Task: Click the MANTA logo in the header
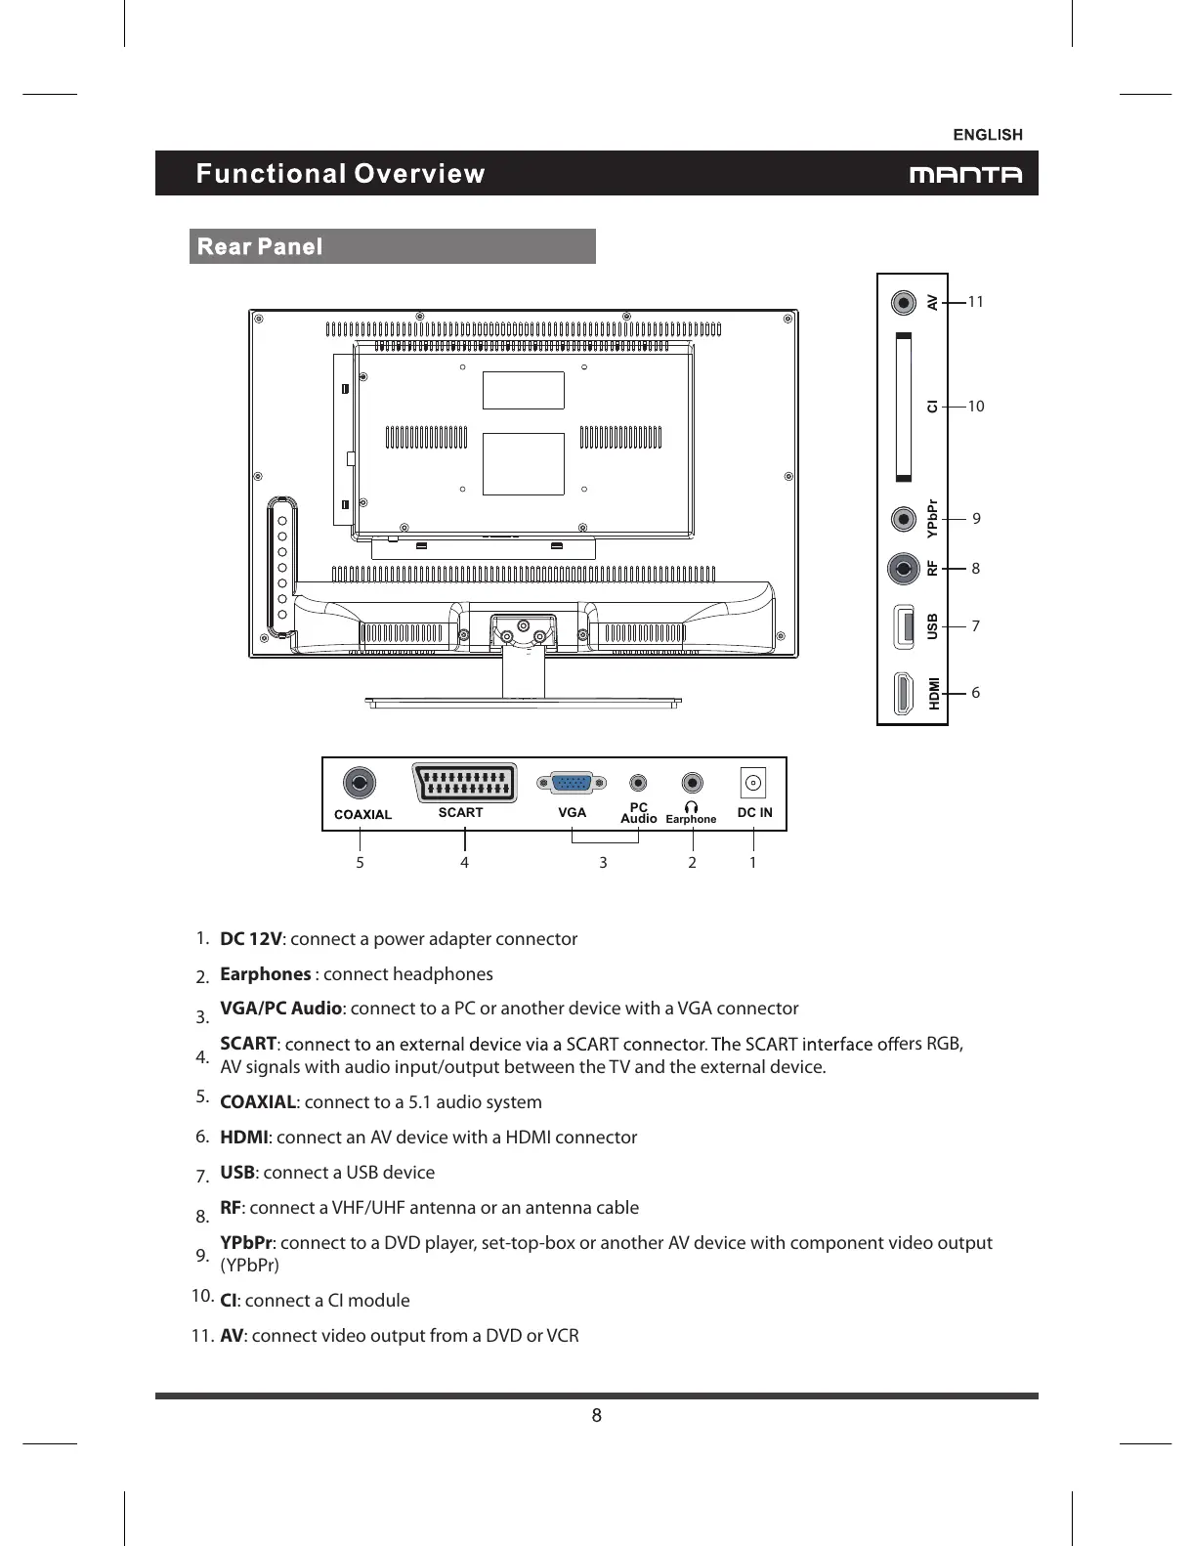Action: tap(965, 175)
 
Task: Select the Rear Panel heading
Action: tap(260, 246)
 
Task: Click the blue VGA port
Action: tap(572, 783)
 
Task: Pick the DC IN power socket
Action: tap(752, 783)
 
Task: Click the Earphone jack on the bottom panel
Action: tap(693, 783)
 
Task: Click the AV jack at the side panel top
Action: tap(906, 302)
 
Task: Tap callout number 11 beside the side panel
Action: tap(975, 302)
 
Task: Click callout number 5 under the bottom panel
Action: tap(360, 863)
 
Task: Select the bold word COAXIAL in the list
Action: tap(258, 1102)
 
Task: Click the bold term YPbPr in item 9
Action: tap(247, 1243)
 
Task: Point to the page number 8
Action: tap(596, 1416)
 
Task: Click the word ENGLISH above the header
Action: tap(988, 135)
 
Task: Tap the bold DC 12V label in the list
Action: tap(251, 939)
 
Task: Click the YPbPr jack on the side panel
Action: tap(905, 517)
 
